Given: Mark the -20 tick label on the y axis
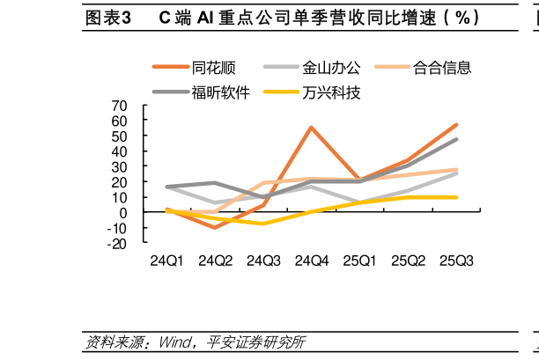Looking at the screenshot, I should (117, 244).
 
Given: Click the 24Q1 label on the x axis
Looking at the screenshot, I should (167, 261).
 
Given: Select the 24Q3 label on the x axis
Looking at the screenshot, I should (263, 261).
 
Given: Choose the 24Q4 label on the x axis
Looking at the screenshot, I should (312, 261).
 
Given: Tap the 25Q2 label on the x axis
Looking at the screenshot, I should (408, 261).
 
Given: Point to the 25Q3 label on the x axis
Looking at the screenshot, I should (456, 261).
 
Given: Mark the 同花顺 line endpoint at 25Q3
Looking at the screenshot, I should (456, 125).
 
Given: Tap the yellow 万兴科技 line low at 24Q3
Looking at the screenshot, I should (263, 224).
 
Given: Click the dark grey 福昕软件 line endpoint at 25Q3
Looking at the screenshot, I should (456, 139).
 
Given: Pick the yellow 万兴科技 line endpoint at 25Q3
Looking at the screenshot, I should (456, 197).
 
